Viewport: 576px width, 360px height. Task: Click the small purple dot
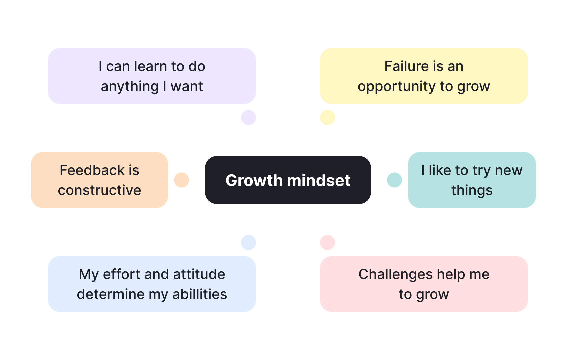(x=248, y=117)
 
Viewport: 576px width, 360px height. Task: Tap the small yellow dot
(x=327, y=117)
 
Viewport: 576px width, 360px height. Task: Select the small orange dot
(x=181, y=180)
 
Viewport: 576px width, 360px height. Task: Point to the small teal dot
(x=394, y=180)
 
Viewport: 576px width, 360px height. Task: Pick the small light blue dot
(x=248, y=242)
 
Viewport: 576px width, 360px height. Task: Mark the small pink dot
(x=327, y=242)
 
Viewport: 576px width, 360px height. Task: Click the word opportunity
(x=397, y=87)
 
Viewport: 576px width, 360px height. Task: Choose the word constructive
(x=99, y=190)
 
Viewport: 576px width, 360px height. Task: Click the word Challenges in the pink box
(x=395, y=274)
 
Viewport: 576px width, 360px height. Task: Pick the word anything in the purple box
(x=130, y=87)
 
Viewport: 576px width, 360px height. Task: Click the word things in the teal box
(x=472, y=190)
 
